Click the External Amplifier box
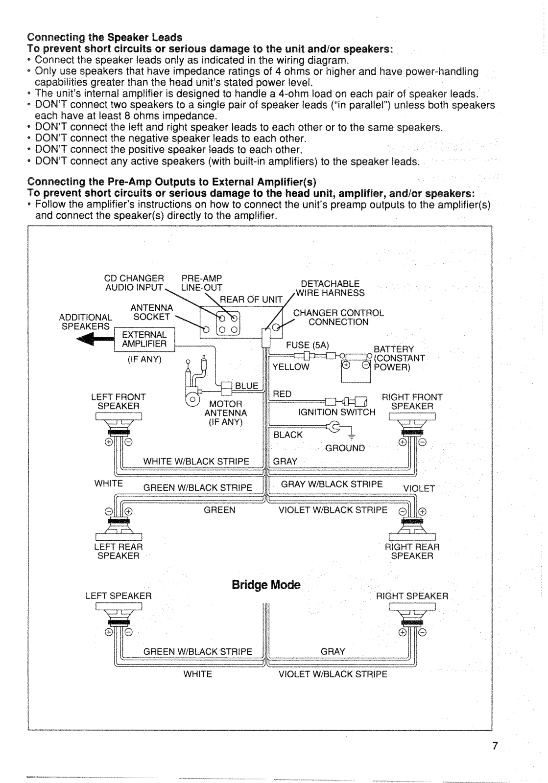click(x=144, y=339)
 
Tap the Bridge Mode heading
click(x=266, y=585)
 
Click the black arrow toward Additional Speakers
click(x=95, y=339)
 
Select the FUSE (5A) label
click(x=308, y=345)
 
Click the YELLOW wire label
click(x=291, y=367)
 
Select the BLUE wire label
click(x=246, y=386)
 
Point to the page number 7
click(x=495, y=756)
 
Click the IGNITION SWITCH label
click(x=336, y=412)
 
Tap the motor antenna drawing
click(x=196, y=381)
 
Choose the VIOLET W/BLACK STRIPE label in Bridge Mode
click(x=333, y=674)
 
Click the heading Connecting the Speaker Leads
click(x=105, y=37)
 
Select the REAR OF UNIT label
click(x=251, y=299)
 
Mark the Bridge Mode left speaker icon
click(x=119, y=620)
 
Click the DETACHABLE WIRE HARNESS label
click(x=330, y=288)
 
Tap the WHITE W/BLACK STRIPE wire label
click(x=196, y=461)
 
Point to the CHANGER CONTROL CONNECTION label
click(x=338, y=318)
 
